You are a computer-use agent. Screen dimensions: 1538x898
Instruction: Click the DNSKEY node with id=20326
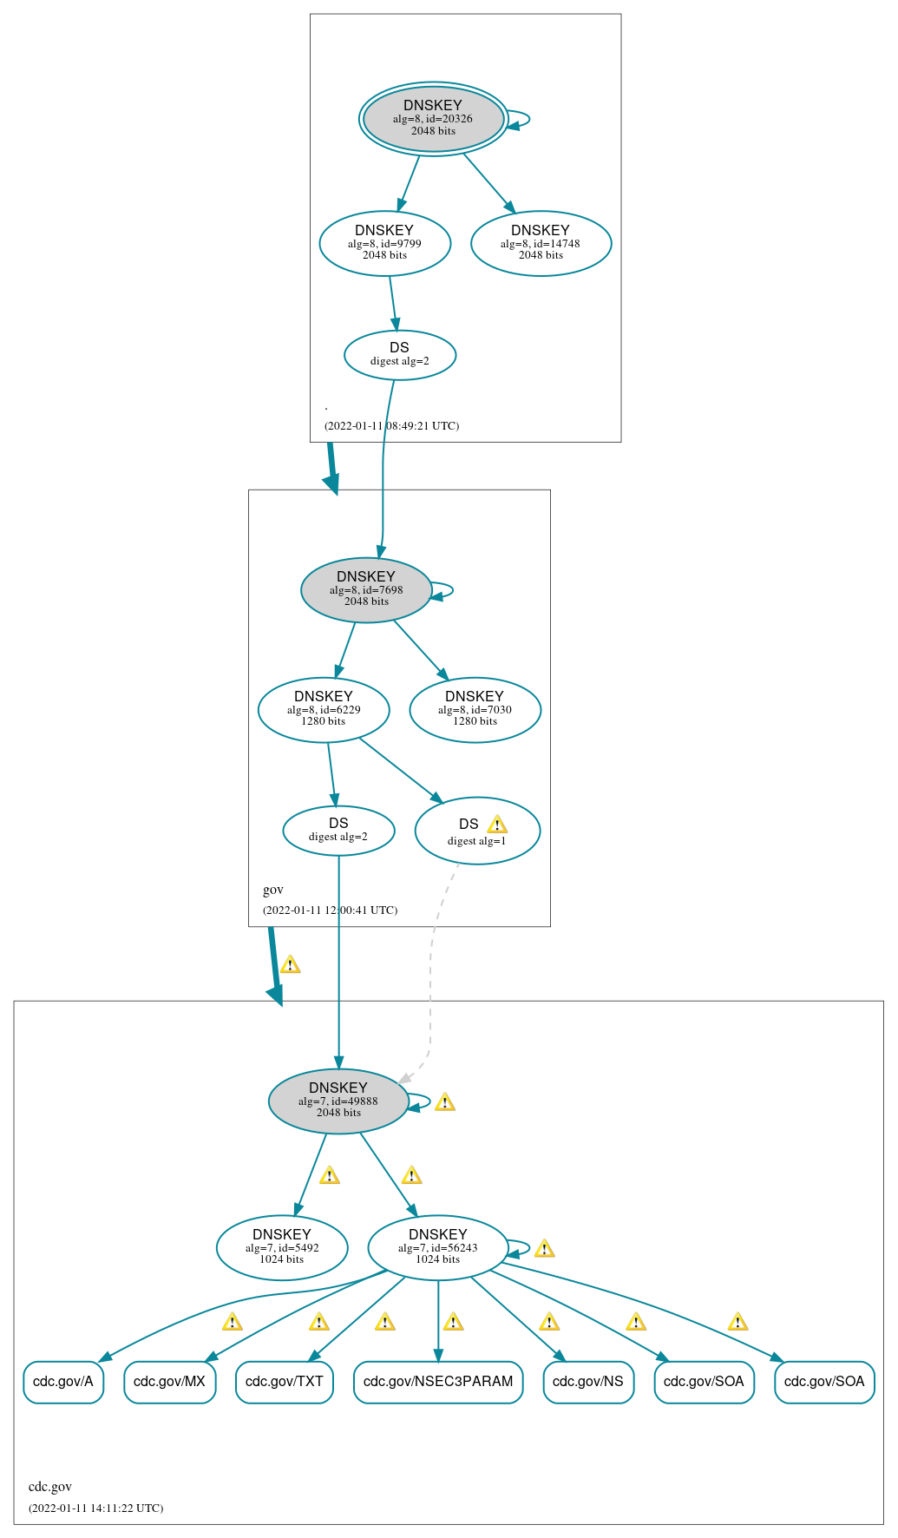click(x=433, y=118)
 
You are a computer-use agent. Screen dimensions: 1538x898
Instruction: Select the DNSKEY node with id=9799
click(x=384, y=243)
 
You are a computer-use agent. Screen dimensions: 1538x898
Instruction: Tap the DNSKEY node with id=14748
click(x=541, y=243)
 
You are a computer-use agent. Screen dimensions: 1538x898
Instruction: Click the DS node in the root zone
click(x=399, y=354)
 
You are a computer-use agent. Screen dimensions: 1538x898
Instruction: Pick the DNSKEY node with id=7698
click(x=366, y=589)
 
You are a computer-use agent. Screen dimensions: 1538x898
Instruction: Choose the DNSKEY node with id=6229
click(x=324, y=709)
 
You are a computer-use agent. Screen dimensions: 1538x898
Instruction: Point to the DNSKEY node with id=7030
click(x=475, y=709)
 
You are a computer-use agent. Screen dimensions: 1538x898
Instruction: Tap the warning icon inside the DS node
click(x=497, y=825)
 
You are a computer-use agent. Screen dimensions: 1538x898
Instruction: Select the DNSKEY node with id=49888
click(x=338, y=1101)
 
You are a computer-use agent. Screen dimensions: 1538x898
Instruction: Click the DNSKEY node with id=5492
click(x=282, y=1247)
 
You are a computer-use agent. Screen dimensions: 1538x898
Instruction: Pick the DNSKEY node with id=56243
click(x=437, y=1247)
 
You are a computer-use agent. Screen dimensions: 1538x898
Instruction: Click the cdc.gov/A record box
click(x=63, y=1381)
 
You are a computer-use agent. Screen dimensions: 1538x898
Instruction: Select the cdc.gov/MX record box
click(x=169, y=1381)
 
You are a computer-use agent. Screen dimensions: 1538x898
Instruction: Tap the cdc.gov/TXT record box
click(x=284, y=1381)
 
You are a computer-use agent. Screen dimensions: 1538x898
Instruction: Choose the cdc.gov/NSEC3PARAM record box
click(x=438, y=1381)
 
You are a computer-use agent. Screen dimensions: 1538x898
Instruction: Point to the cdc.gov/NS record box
click(x=588, y=1381)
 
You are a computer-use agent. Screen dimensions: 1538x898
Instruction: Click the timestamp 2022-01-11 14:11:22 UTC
click(x=95, y=1508)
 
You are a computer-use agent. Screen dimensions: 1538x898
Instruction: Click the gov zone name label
click(x=272, y=890)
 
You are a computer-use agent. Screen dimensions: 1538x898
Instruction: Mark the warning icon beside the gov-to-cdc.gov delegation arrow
click(x=290, y=964)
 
